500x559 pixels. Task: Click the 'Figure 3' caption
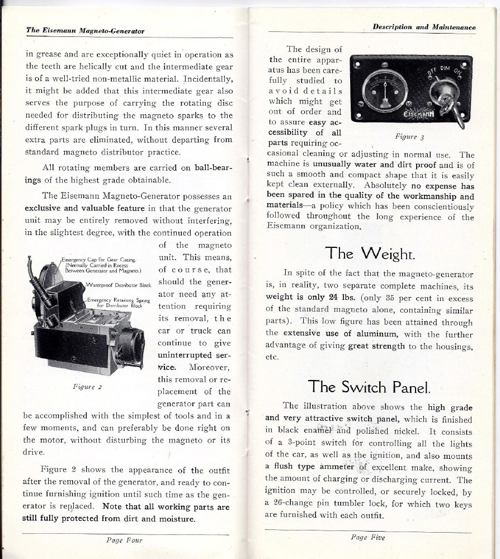(407, 136)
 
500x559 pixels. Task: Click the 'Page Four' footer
(124, 540)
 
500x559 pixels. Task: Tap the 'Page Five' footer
(367, 537)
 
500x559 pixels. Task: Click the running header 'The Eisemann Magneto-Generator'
(85, 31)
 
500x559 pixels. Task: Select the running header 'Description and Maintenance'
(424, 27)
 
